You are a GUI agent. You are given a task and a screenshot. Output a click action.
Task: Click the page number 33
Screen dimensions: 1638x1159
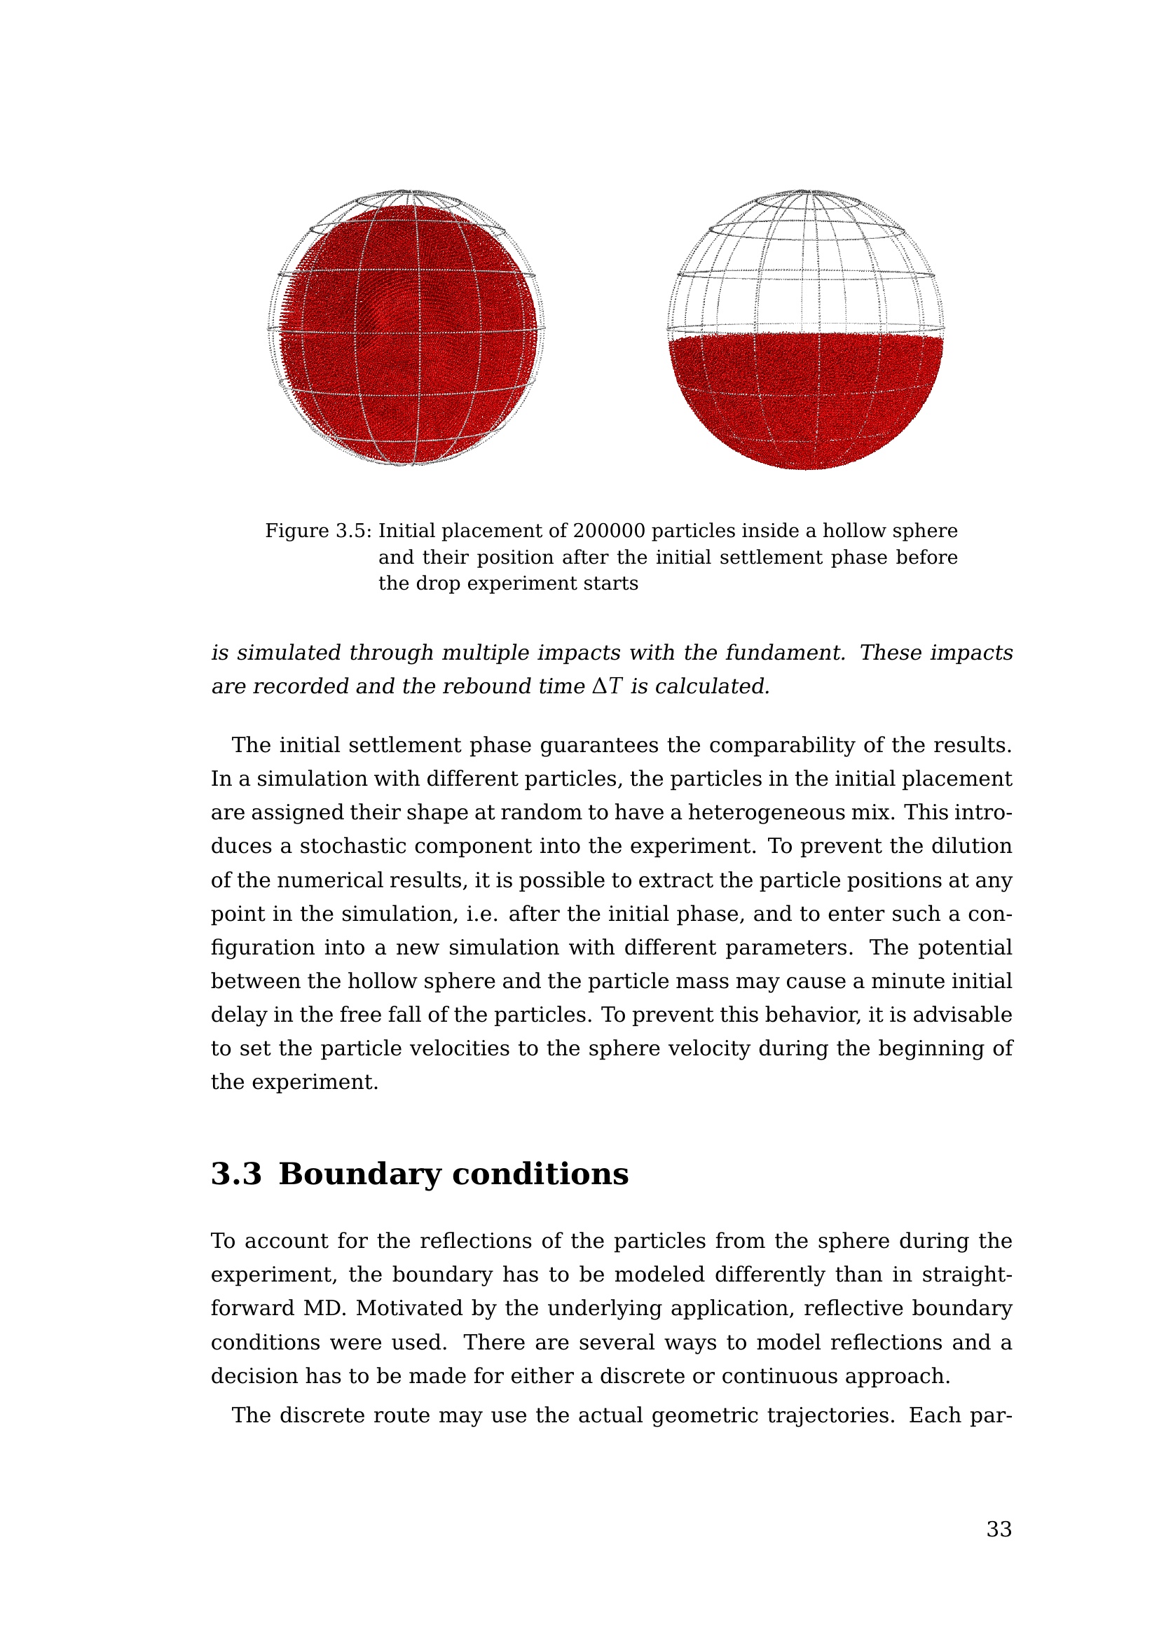coord(999,1529)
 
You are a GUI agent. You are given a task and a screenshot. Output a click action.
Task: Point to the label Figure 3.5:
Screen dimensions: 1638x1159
coord(318,531)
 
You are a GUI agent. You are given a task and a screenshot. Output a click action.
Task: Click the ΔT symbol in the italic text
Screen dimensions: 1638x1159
coord(608,686)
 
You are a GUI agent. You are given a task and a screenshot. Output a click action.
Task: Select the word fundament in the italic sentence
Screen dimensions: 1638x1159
coord(785,653)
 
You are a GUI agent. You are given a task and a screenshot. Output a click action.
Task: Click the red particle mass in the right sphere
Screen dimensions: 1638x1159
coord(806,399)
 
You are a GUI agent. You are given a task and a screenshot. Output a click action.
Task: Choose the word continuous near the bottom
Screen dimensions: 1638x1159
coord(779,1376)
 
